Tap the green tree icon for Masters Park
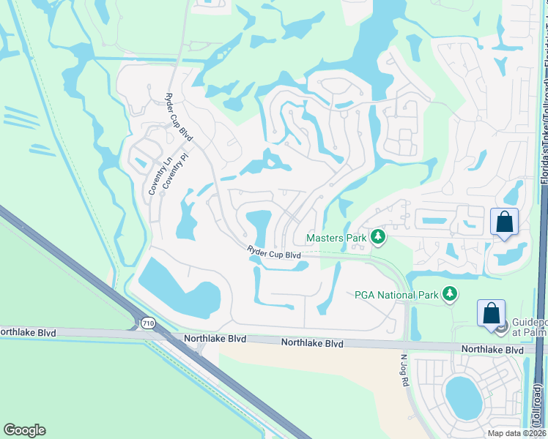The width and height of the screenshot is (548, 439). click(378, 237)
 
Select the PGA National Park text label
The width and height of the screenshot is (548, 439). click(396, 295)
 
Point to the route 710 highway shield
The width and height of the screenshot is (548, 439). click(149, 322)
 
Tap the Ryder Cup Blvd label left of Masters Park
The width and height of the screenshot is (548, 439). click(274, 253)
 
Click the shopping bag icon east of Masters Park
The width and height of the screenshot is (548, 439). click(504, 221)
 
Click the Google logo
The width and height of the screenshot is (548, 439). click(24, 430)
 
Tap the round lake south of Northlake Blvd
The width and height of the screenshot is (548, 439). click(463, 397)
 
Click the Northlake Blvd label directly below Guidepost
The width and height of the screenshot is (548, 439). click(492, 350)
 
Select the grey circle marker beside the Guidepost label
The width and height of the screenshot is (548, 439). click(502, 328)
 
